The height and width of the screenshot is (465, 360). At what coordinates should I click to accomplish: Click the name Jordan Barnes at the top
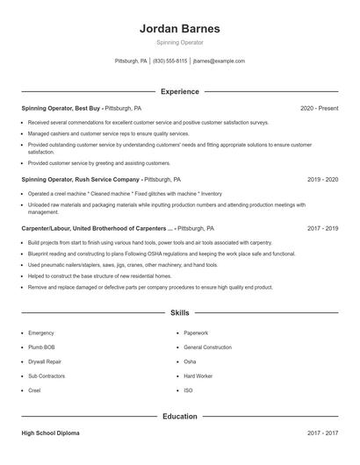(x=180, y=29)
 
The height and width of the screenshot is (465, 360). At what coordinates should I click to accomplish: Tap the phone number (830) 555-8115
(x=170, y=61)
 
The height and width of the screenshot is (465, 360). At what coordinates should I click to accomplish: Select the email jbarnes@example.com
(x=219, y=61)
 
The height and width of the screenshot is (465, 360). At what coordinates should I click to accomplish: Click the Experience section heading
(x=180, y=91)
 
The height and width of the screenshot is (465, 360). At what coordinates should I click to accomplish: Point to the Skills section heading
(x=180, y=312)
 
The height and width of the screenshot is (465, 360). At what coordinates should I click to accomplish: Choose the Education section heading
(x=180, y=416)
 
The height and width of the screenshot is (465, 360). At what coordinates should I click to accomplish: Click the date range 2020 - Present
(x=320, y=108)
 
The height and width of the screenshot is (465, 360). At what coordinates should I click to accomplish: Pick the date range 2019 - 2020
(x=323, y=179)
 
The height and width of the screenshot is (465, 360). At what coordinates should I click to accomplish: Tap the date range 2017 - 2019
(x=323, y=227)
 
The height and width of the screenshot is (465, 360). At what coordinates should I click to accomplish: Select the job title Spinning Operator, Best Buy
(x=61, y=108)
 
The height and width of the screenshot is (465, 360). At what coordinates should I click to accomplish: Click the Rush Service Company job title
(x=80, y=179)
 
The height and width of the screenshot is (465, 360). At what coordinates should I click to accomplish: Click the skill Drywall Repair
(x=45, y=361)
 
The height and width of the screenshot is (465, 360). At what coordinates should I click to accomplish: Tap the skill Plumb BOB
(x=42, y=347)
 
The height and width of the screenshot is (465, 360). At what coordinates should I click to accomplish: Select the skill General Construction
(x=208, y=347)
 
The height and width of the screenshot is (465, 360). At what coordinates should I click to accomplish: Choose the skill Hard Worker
(x=198, y=376)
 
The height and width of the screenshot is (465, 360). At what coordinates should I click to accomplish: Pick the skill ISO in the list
(x=188, y=390)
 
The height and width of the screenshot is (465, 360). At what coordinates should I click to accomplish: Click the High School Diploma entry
(x=51, y=433)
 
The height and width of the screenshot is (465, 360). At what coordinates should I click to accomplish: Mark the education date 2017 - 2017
(x=323, y=433)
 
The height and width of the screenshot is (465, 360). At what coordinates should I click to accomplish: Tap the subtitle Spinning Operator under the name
(x=180, y=42)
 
